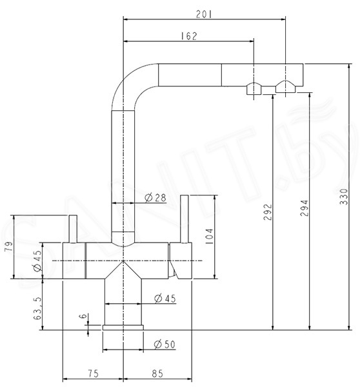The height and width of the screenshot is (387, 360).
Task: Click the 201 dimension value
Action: click(204, 14)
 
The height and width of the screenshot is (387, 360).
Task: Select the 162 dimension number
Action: click(189, 36)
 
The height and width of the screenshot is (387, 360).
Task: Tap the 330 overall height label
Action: click(343, 197)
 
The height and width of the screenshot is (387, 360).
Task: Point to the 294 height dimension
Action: click(305, 208)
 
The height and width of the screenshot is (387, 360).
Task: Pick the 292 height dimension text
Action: click(267, 212)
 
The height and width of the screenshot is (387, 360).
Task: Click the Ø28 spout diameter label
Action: click(155, 198)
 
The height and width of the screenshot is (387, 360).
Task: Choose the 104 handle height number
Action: click(209, 236)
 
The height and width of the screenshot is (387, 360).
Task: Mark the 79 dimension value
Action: click(8, 246)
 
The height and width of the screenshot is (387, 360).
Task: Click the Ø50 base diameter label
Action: click(165, 344)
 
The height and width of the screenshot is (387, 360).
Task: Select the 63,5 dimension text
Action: click(38, 308)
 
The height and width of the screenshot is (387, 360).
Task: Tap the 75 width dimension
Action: click(94, 373)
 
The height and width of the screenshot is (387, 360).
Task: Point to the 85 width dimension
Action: click(157, 373)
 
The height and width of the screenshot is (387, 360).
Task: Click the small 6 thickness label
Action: click(85, 316)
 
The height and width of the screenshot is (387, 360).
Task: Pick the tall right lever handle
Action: click(185, 219)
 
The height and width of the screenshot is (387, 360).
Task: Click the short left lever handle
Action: click(73, 229)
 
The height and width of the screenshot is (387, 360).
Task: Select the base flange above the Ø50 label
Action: click(123, 328)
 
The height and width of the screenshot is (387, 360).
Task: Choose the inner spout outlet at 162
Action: click(254, 88)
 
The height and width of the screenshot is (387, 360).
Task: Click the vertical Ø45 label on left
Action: click(38, 261)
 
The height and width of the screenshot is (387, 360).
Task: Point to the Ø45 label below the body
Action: click(165, 299)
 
